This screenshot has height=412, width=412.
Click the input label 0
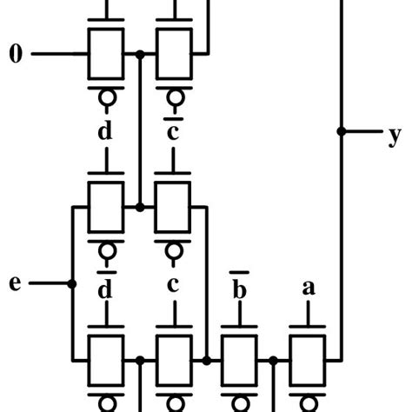(x=16, y=56)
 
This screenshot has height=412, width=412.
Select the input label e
(x=15, y=283)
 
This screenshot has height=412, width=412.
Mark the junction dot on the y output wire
(x=341, y=132)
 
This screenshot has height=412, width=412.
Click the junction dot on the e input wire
(x=71, y=283)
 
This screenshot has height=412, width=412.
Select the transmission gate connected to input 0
(x=107, y=55)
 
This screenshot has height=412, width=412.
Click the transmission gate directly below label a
(x=307, y=359)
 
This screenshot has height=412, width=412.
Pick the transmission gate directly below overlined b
(x=241, y=359)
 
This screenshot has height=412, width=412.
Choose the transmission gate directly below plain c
(x=173, y=359)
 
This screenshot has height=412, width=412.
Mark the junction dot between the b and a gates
(x=274, y=359)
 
